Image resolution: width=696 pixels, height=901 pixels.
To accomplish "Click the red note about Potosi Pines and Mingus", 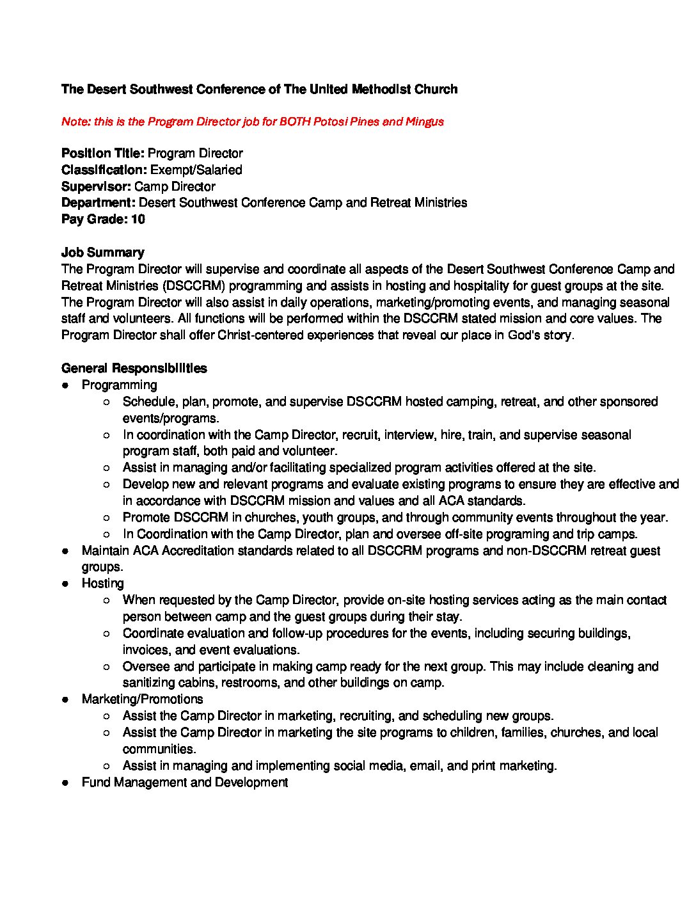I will tap(252, 122).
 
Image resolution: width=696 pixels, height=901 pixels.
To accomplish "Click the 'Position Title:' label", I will tap(103, 154).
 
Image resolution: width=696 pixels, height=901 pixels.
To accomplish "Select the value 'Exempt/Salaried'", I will tap(196, 170).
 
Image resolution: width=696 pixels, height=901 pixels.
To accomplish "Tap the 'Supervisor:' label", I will tap(96, 187).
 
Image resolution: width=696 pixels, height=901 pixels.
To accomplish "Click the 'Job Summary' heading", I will tap(102, 253).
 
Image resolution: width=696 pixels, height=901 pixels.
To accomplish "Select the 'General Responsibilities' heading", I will tap(134, 369).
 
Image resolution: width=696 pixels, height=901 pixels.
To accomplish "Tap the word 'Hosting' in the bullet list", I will tap(102, 584).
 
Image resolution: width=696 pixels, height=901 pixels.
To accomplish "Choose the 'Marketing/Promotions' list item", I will tap(142, 699).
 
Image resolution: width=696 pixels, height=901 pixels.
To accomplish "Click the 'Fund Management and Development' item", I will tap(184, 783).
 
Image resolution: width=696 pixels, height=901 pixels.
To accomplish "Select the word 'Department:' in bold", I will tap(99, 203).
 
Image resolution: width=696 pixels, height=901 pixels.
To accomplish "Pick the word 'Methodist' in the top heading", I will tap(381, 90).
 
